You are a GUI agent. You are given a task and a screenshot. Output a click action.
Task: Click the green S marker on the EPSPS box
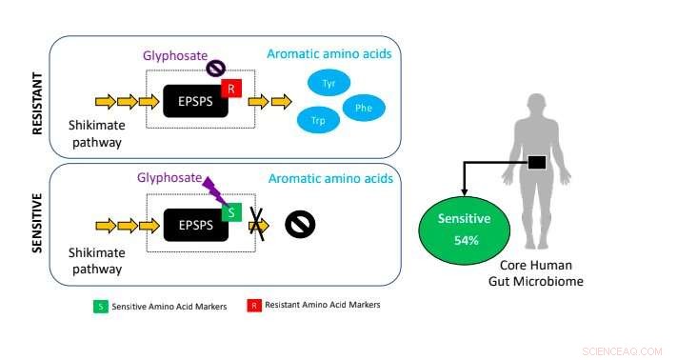pyautogui.click(x=230, y=213)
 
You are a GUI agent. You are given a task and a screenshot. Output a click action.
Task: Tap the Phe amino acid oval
pyautogui.click(x=364, y=109)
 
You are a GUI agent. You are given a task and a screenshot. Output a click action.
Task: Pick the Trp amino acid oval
pyautogui.click(x=317, y=121)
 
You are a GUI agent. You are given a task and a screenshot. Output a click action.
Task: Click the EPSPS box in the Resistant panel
pyautogui.click(x=194, y=100)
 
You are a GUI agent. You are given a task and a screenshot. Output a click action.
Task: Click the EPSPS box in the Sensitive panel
pyautogui.click(x=194, y=225)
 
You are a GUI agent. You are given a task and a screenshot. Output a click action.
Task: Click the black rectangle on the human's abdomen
pyautogui.click(x=537, y=163)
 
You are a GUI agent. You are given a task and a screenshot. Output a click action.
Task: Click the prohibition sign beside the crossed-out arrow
pyautogui.click(x=300, y=225)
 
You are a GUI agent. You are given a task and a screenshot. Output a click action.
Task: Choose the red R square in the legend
pyautogui.click(x=255, y=306)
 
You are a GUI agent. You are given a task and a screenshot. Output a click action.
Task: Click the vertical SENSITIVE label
pyautogui.click(x=39, y=225)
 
